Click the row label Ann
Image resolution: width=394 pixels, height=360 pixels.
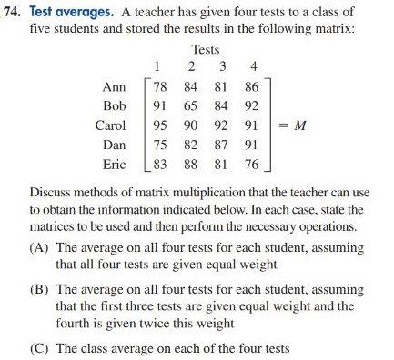(x=115, y=86)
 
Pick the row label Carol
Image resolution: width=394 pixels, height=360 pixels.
(x=111, y=125)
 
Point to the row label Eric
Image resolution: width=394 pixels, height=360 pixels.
(x=113, y=165)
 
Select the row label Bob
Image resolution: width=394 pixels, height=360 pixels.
(x=114, y=106)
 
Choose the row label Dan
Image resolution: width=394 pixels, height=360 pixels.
(x=114, y=145)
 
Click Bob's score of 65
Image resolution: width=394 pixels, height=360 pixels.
(x=191, y=106)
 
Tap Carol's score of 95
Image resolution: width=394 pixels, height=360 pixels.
(x=160, y=125)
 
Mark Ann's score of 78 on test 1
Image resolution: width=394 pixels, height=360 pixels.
(x=160, y=87)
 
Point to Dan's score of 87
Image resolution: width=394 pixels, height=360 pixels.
(x=220, y=145)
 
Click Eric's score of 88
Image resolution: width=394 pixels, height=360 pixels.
(x=191, y=165)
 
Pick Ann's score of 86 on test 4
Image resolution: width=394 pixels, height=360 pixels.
(x=252, y=87)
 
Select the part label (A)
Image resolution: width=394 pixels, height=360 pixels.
(x=42, y=247)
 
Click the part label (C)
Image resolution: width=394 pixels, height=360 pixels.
(x=42, y=347)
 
